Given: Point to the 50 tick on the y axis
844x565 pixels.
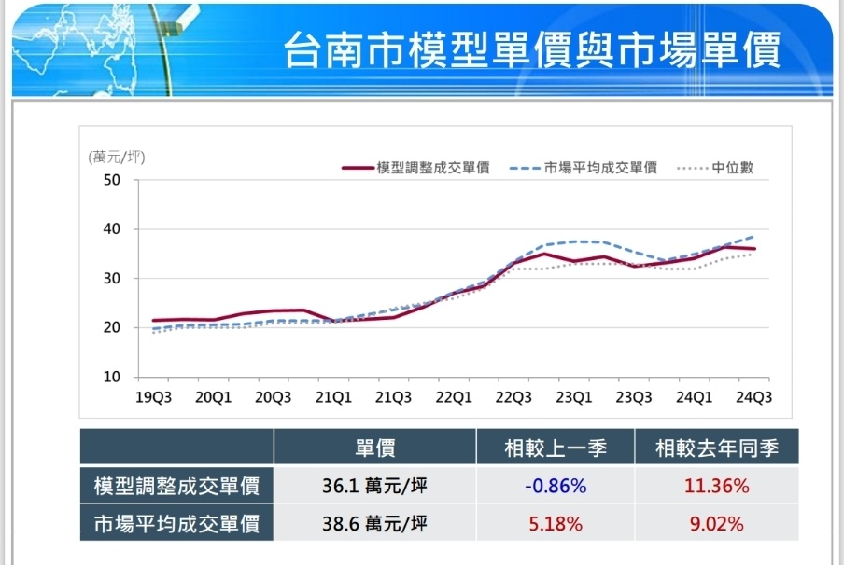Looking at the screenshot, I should pyautogui.click(x=112, y=180).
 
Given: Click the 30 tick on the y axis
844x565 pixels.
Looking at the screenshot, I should pyautogui.click(x=112, y=279).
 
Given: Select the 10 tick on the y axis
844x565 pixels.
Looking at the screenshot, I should pyautogui.click(x=112, y=378).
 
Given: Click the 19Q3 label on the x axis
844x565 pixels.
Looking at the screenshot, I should pyautogui.click(x=153, y=397).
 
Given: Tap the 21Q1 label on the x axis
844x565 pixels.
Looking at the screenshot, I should pyautogui.click(x=333, y=397).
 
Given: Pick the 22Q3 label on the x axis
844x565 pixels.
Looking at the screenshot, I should pyautogui.click(x=513, y=397).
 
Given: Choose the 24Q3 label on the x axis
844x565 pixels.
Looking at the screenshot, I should pyautogui.click(x=753, y=397).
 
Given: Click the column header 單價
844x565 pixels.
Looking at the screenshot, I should pyautogui.click(x=374, y=448).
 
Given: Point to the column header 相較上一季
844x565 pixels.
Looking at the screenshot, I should pyautogui.click(x=555, y=448).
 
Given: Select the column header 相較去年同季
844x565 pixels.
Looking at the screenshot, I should pyautogui.click(x=716, y=448).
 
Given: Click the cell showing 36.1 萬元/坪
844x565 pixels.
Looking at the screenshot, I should pyautogui.click(x=374, y=486).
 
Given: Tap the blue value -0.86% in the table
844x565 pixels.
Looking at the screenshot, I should pyautogui.click(x=555, y=486).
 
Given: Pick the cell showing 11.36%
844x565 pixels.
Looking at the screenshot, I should pyautogui.click(x=716, y=486).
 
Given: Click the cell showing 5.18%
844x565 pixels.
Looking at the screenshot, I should pyautogui.click(x=555, y=524).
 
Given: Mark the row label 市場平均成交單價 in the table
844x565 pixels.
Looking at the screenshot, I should pyautogui.click(x=176, y=524).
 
